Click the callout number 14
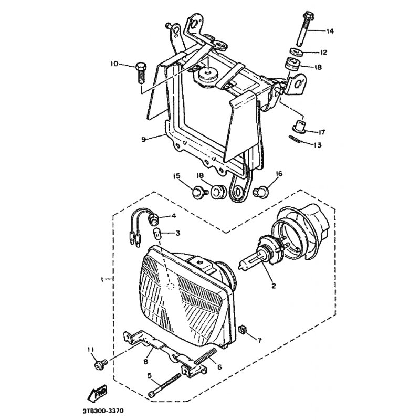coord(330,31)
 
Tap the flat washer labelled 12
coord(296,51)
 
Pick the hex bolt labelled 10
coord(141,73)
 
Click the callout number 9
coord(143,139)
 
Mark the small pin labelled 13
coord(296,139)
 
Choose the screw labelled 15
coord(200,192)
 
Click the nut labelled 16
coord(260,192)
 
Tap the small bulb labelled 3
coord(157,234)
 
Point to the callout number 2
coord(274,286)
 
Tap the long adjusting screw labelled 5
coord(164,385)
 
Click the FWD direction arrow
coord(98,393)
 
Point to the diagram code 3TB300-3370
coord(103,411)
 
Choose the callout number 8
coord(146,362)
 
